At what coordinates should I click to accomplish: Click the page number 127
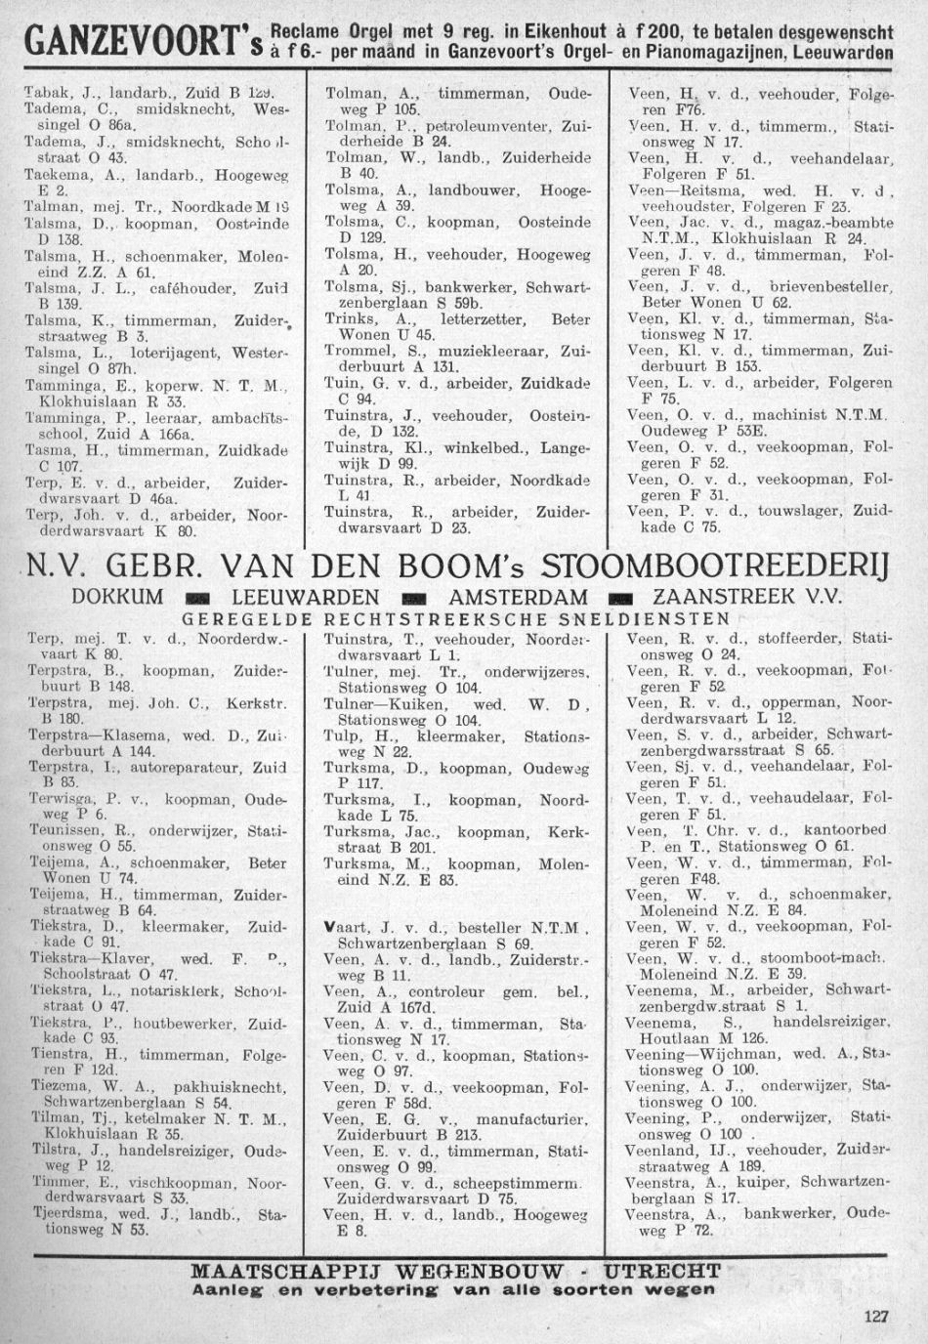[876, 1317]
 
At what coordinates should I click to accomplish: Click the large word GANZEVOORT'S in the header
[135, 45]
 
